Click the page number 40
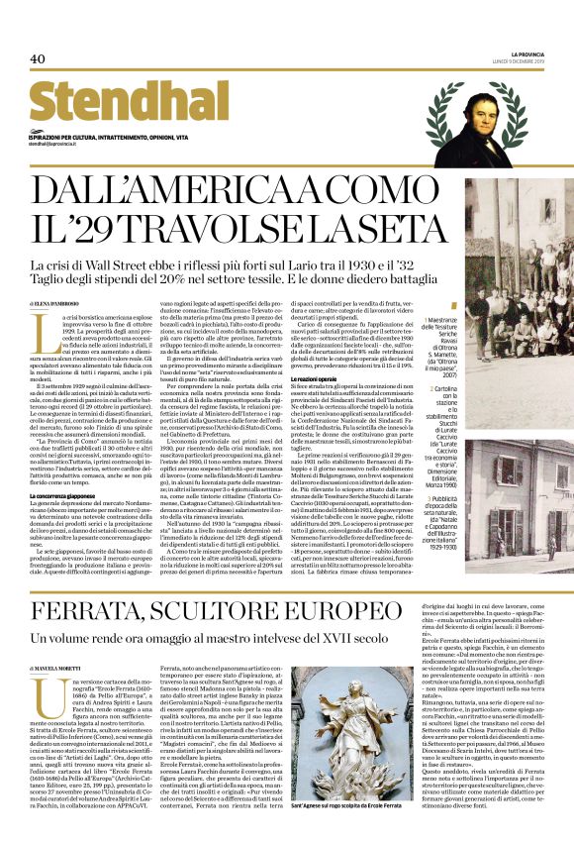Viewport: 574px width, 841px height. [x=38, y=59]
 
